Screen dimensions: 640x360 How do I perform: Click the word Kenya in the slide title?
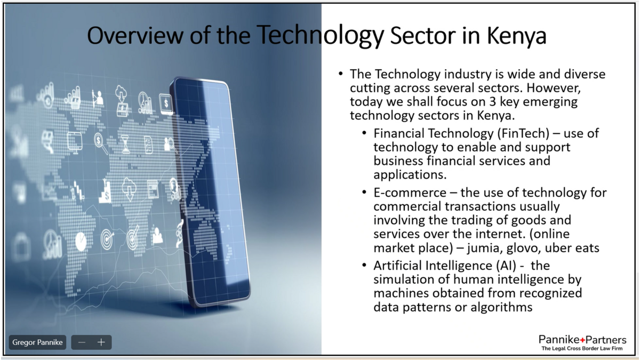(517, 36)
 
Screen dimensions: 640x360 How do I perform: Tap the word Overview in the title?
(135, 36)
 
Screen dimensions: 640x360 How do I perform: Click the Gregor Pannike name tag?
(37, 342)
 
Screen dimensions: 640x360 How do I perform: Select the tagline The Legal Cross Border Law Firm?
(582, 348)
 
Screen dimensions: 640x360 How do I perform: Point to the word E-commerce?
(410, 193)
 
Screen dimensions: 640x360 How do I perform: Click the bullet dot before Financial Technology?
(364, 133)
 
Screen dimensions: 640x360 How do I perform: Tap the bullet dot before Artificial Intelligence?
(364, 265)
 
